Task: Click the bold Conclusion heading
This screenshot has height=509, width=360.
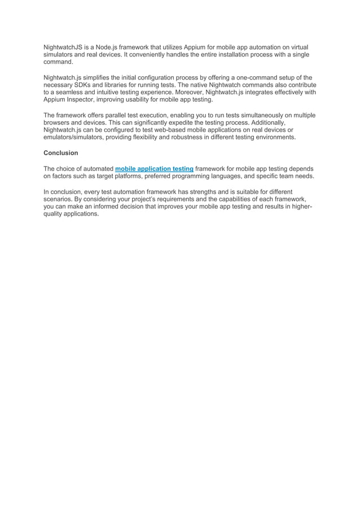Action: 61,153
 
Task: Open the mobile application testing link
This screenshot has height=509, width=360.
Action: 154,168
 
